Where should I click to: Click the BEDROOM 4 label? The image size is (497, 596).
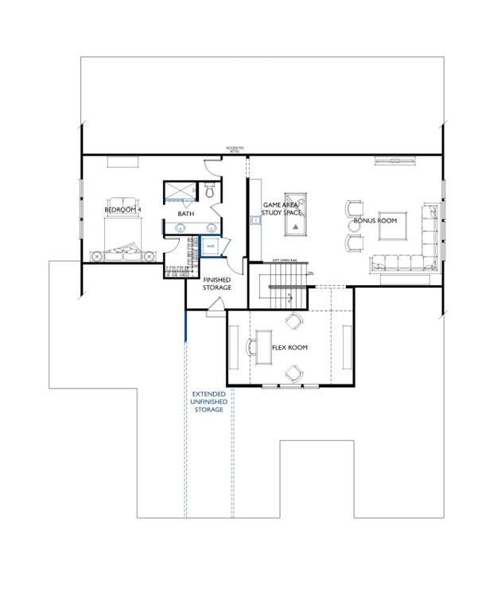(x=122, y=210)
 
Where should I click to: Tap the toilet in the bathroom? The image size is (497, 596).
(x=209, y=192)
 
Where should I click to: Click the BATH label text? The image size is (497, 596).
(x=185, y=214)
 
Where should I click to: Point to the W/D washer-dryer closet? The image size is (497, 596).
(x=211, y=247)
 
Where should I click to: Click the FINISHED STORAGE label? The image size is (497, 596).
(x=217, y=284)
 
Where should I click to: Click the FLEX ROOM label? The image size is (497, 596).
(x=290, y=348)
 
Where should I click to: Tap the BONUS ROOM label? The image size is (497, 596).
(x=375, y=220)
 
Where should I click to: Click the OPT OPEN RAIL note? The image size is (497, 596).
(x=285, y=261)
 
